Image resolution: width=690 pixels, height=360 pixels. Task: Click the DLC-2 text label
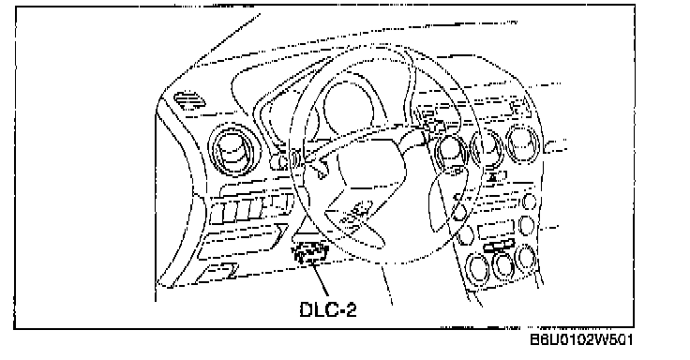click(328, 309)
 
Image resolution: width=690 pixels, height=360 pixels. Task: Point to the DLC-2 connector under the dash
click(309, 253)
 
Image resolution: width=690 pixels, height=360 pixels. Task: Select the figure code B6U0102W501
click(581, 339)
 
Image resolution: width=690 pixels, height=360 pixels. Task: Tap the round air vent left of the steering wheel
click(232, 149)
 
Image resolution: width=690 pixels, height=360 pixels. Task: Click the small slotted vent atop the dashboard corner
click(189, 101)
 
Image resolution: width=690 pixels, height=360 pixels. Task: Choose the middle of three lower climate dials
click(503, 263)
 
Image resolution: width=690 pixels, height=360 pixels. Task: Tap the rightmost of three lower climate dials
click(525, 258)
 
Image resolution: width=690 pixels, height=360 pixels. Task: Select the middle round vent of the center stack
click(487, 147)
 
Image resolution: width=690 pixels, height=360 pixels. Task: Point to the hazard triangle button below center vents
click(496, 177)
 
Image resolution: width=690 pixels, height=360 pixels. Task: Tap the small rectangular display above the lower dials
click(496, 229)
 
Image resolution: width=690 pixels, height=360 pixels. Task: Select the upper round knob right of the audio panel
click(530, 202)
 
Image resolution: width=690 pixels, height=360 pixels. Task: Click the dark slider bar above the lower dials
click(499, 246)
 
